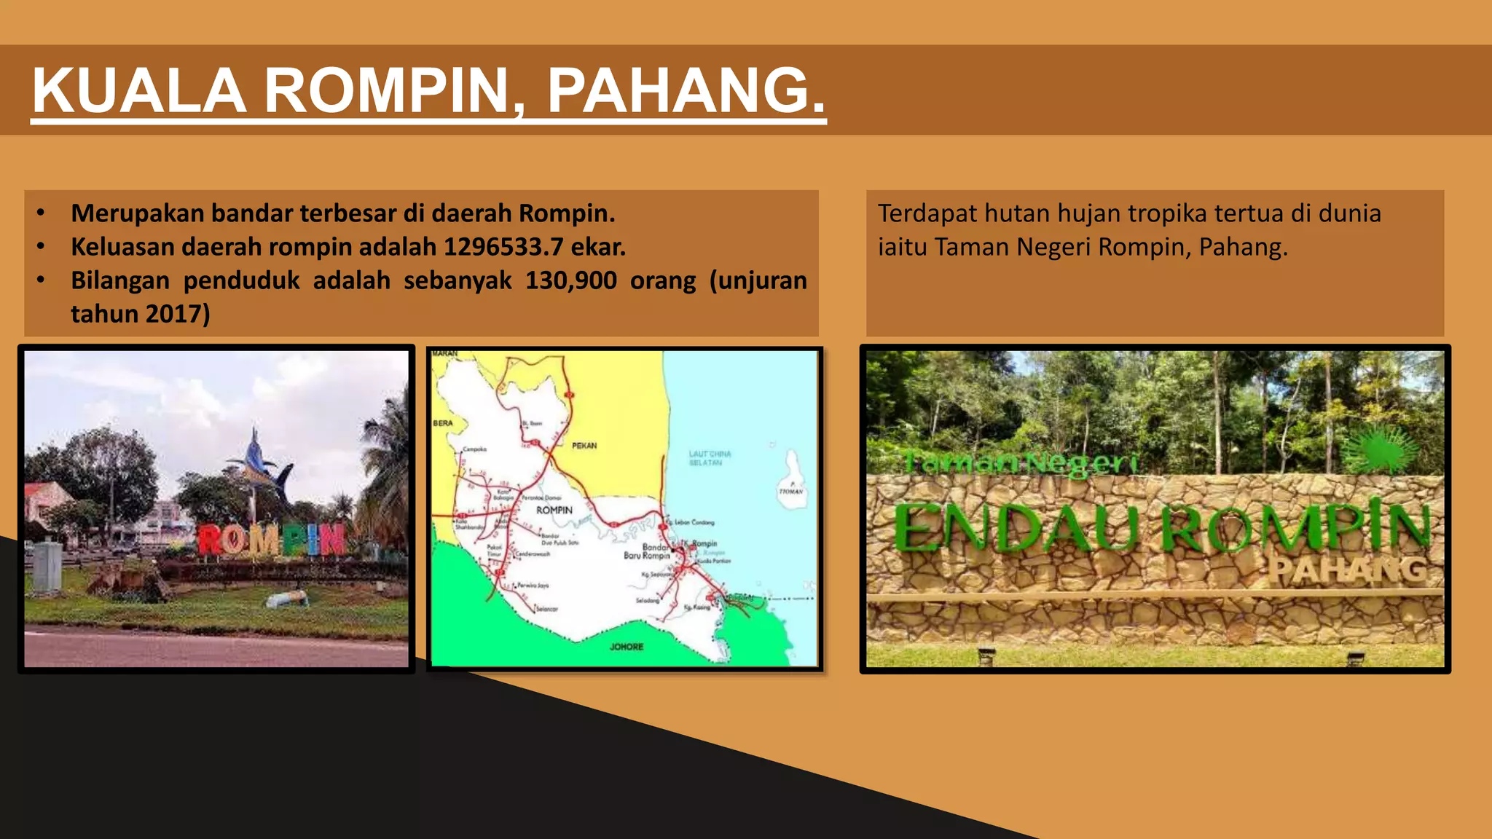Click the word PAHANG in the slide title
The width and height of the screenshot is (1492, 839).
pyautogui.click(x=685, y=91)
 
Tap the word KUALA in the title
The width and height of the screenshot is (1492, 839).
pyautogui.click(x=138, y=91)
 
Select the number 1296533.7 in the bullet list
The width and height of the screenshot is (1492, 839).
pyautogui.click(x=503, y=248)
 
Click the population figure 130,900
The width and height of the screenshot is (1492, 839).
pyautogui.click(x=570, y=281)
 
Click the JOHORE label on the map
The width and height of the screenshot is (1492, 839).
pyautogui.click(x=627, y=647)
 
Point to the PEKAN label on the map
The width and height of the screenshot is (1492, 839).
pyautogui.click(x=584, y=446)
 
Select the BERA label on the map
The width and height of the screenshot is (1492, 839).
pyautogui.click(x=443, y=423)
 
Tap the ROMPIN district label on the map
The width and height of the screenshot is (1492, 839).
pyautogui.click(x=554, y=511)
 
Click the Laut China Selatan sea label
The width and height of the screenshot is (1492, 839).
pyautogui.click(x=709, y=458)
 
